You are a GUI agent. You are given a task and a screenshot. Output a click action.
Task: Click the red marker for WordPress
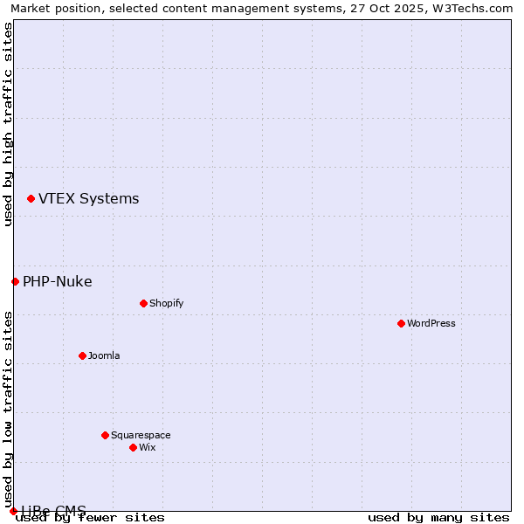[401, 323]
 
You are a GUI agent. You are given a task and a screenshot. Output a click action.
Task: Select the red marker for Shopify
[143, 303]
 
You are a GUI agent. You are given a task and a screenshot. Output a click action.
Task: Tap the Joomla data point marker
[82, 355]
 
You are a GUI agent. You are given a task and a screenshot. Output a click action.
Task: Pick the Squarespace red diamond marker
[105, 435]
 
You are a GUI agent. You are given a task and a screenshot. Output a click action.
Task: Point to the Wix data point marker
[133, 447]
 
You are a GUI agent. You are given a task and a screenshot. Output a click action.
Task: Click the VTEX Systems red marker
[31, 199]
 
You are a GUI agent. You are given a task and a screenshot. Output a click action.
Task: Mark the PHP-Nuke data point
[15, 281]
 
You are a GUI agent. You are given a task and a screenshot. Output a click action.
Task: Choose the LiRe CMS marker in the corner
[13, 511]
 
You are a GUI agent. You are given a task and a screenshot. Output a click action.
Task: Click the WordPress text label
[431, 323]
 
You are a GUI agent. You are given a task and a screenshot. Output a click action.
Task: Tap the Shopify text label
[166, 303]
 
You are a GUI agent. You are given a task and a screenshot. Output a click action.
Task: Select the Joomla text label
[104, 355]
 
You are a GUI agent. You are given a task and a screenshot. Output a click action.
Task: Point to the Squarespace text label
[141, 435]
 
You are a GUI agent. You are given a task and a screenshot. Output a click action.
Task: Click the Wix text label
[147, 447]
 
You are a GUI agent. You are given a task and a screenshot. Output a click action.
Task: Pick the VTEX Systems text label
[88, 198]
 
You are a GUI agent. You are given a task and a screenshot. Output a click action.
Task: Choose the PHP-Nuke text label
[57, 281]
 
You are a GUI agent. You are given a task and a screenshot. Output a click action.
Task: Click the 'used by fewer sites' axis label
[91, 517]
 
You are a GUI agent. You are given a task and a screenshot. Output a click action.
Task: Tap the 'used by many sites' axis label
[438, 517]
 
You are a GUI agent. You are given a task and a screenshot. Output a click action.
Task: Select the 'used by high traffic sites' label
[8, 124]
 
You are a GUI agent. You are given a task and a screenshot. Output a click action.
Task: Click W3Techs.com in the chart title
[472, 8]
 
